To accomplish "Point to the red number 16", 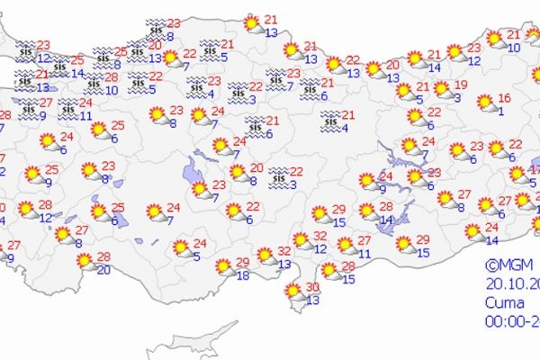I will [505, 97].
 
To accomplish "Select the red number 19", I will [460, 85].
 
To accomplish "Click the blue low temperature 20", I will [104, 269].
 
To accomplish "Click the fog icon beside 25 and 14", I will [60, 66].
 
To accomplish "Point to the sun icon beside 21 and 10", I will [493, 39].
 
